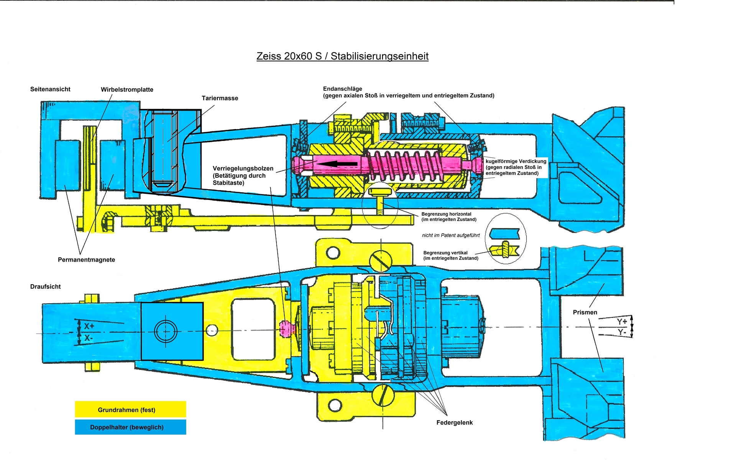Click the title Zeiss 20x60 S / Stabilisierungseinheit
click(x=342, y=56)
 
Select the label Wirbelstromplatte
click(x=127, y=90)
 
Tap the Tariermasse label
click(x=220, y=98)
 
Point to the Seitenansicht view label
click(x=50, y=89)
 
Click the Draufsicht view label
click(x=45, y=286)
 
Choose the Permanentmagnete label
click(x=86, y=260)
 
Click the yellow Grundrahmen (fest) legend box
click(x=130, y=409)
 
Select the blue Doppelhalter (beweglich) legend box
click(x=130, y=427)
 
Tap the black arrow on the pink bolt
click(x=338, y=164)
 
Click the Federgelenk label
click(x=454, y=422)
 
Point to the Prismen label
click(x=585, y=312)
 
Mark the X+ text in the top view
click(x=89, y=326)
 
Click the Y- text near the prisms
click(x=622, y=332)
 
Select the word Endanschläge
click(x=342, y=88)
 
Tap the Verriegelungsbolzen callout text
click(x=243, y=175)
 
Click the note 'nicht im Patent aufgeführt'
click(x=451, y=235)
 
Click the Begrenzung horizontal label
click(x=449, y=217)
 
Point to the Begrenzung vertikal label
click(x=451, y=255)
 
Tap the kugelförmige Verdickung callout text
click(x=516, y=167)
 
